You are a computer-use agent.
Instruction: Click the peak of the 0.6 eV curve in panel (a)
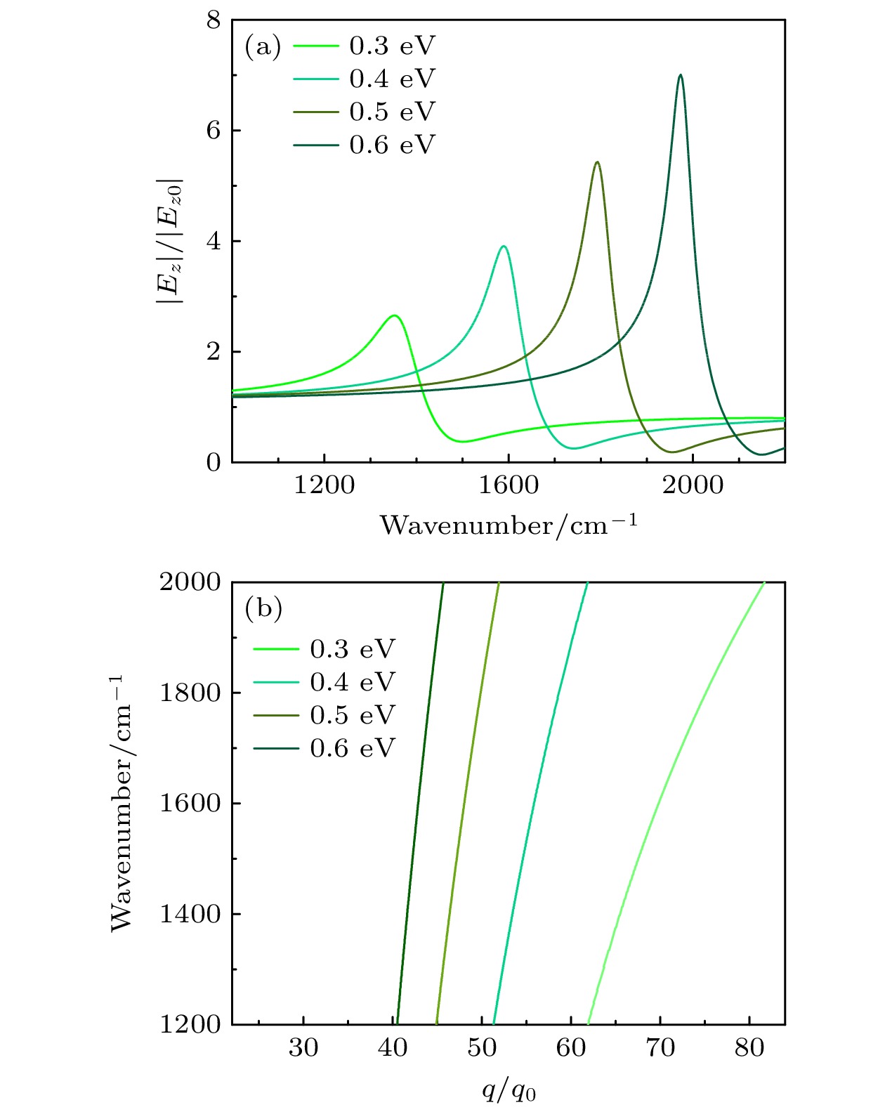(x=680, y=75)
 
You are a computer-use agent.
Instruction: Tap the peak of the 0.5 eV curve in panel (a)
(x=597, y=162)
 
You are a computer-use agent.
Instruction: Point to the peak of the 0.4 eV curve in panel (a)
(x=504, y=247)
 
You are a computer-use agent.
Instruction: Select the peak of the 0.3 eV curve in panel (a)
(x=395, y=315)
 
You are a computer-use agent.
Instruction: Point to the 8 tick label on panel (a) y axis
(x=213, y=21)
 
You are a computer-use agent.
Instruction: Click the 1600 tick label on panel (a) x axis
(x=508, y=485)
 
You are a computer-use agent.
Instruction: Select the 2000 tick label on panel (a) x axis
(x=693, y=485)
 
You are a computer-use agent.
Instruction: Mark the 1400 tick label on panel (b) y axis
(x=190, y=914)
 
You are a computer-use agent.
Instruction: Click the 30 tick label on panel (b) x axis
(x=303, y=1048)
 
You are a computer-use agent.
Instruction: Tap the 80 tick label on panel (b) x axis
(x=749, y=1048)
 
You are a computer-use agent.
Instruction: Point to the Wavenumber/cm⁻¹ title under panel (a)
(x=509, y=525)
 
